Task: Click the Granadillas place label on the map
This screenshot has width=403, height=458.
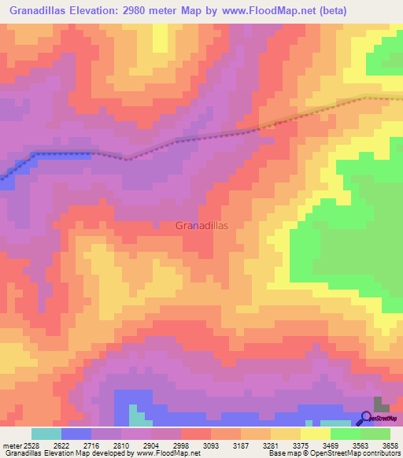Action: (201, 225)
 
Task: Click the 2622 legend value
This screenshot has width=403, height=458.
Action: (76, 446)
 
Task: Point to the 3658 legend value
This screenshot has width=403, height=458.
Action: (390, 446)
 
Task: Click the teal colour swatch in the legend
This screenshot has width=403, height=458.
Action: (46, 434)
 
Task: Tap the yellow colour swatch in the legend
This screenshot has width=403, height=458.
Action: (316, 434)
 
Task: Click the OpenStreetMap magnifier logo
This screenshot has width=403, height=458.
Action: (368, 418)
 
